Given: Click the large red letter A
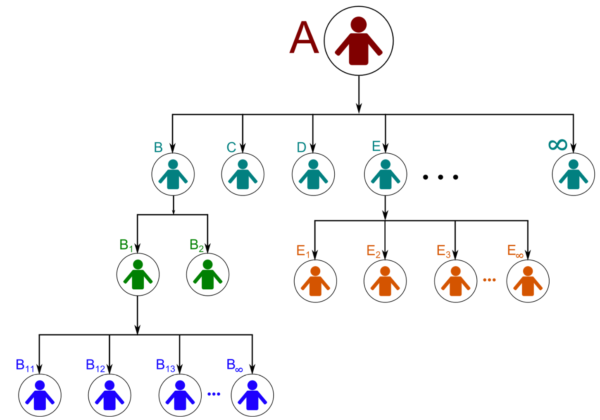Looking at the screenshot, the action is coord(304,37).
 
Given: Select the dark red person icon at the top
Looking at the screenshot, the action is coord(359,41).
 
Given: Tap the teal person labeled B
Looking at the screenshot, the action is coord(173,174).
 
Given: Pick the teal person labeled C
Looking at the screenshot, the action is coord(243,174).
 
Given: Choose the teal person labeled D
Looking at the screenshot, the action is coord(313,174).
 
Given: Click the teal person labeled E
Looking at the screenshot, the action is coord(385,174).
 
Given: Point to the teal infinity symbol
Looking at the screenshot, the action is coord(557,144).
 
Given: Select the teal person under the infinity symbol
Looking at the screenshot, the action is coord(573,174).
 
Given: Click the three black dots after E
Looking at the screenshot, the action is coord(440,177).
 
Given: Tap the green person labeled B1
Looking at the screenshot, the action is coord(138,275).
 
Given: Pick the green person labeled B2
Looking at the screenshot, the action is coord(207,275).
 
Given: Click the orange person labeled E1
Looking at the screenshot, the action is coord(315,281).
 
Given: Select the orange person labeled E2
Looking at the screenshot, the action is coord(385,281).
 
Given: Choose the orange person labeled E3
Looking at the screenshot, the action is coord(455,281).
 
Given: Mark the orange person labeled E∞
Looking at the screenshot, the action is coord(528,281).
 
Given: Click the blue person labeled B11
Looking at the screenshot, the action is coord(40,395).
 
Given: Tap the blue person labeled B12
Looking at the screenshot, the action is coord(109,395).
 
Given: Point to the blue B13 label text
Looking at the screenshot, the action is coord(166,365).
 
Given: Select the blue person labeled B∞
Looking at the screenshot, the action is coord(252,395).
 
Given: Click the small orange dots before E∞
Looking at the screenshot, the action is coord(489,280).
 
